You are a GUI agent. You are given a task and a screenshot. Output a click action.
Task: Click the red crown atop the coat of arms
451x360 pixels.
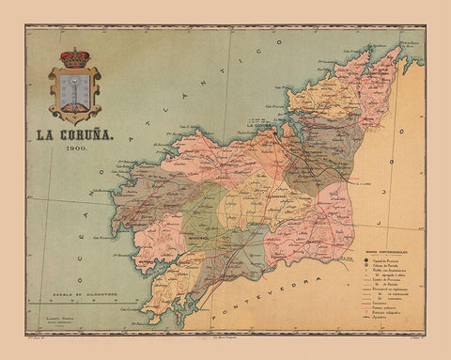click(x=73, y=57)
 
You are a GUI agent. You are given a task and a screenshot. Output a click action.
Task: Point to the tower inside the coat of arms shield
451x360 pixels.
click(x=74, y=93)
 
